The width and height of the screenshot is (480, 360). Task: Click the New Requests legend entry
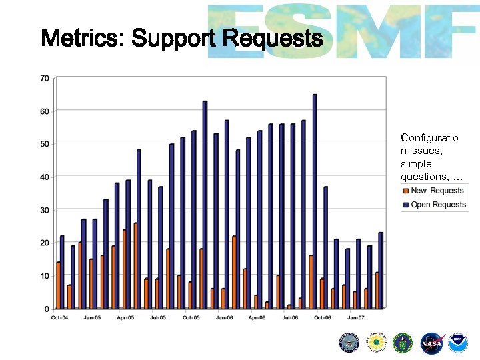[x=437, y=191]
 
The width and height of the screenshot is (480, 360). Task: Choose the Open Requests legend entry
[x=438, y=205]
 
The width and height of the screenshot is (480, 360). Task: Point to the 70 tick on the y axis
[x=45, y=78]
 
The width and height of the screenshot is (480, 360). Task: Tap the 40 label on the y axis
[x=45, y=177]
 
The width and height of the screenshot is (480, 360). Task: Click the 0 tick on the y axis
[x=47, y=309]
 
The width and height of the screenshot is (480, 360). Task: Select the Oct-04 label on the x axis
[x=59, y=318]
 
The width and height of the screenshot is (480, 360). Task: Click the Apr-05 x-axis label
[x=125, y=318]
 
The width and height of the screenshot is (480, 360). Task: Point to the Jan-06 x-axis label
[x=224, y=318]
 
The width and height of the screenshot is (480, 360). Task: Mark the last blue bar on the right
[x=381, y=271]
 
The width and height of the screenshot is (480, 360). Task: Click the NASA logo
[x=431, y=343]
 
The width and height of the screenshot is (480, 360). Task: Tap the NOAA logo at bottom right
[x=458, y=343]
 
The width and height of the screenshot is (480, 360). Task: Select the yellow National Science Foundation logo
[x=377, y=343]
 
